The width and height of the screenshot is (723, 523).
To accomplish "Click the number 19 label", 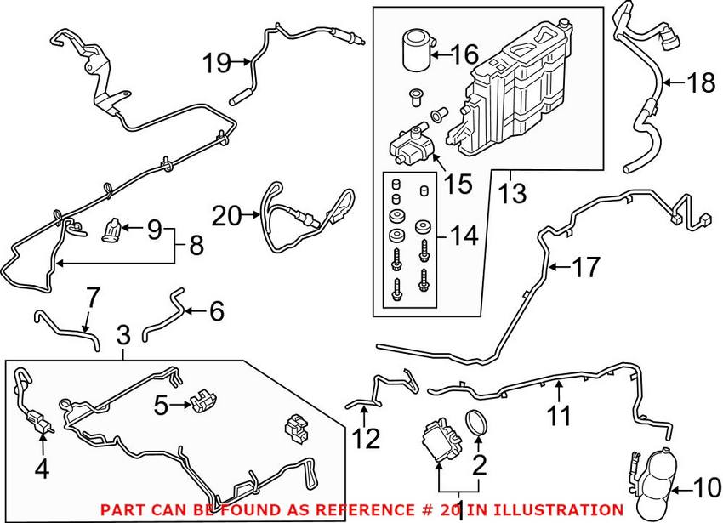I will point(216,61).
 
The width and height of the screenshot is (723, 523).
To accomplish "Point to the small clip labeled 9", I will point(111,230).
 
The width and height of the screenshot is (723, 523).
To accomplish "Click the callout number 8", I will point(195,247).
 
